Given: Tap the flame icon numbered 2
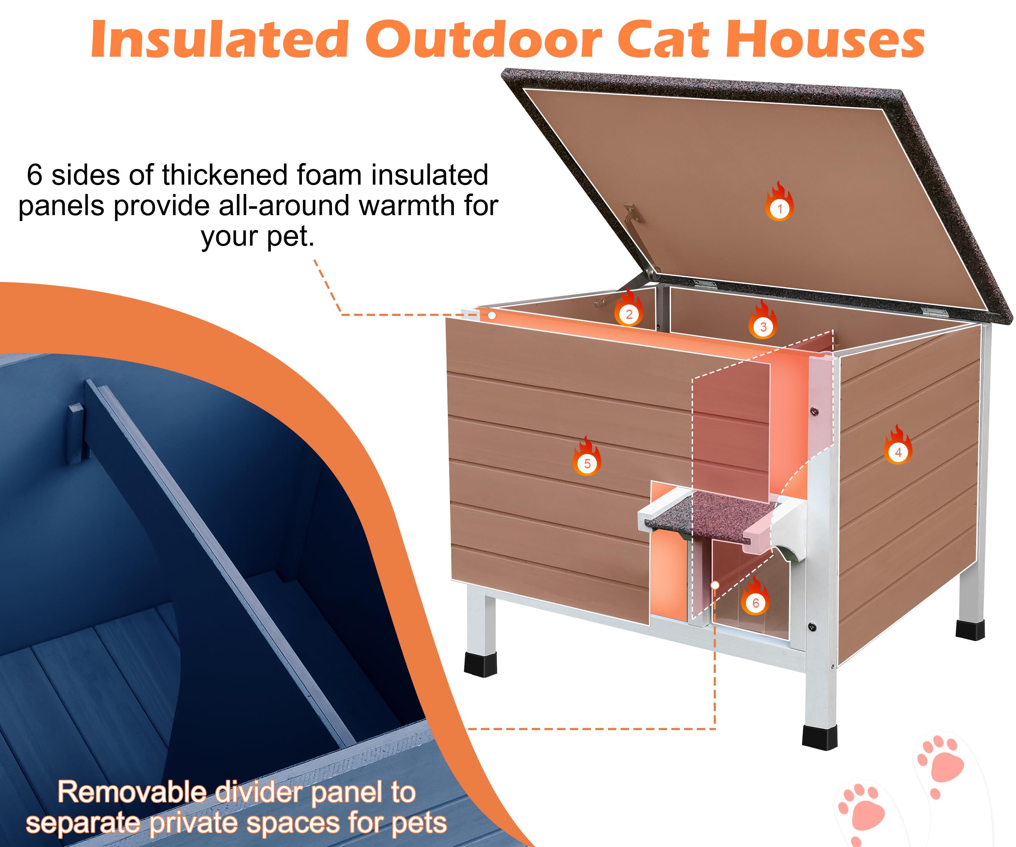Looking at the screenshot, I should coord(629,310).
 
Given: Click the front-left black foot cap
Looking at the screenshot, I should coord(481,664).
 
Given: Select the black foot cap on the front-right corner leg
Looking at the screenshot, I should coord(820,736).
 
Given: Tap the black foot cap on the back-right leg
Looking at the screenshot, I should coord(969,630).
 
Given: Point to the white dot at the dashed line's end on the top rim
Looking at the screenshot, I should coord(491,316).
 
